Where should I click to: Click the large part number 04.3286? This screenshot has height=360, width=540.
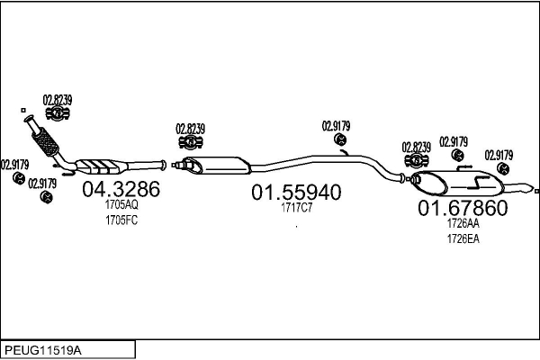[x=121, y=189]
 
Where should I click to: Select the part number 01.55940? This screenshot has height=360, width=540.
[x=296, y=193]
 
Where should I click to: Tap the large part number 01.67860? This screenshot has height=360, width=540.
[x=463, y=208]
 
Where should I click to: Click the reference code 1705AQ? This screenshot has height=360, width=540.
[x=121, y=204]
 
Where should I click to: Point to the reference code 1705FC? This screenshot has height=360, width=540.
[x=121, y=220]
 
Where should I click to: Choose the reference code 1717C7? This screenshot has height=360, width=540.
[x=296, y=208]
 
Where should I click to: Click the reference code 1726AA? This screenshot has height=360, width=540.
[x=463, y=223]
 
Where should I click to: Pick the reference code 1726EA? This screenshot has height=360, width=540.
[x=463, y=238]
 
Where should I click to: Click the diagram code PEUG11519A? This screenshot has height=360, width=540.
[x=43, y=351]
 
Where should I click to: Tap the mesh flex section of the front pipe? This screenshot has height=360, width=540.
[x=45, y=142]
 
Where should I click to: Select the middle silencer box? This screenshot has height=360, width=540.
[x=216, y=165]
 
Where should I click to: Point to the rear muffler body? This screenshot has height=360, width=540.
[x=457, y=183]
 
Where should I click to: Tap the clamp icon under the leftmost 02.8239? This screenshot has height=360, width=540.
[x=58, y=113]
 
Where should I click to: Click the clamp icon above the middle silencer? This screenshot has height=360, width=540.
[x=191, y=142]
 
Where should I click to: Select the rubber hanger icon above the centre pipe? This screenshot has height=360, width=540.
[x=340, y=139]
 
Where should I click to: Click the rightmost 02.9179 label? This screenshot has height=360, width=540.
[x=499, y=156]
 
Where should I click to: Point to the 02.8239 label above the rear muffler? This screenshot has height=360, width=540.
[x=416, y=148]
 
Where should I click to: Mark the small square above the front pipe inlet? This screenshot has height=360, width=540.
[x=23, y=110]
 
